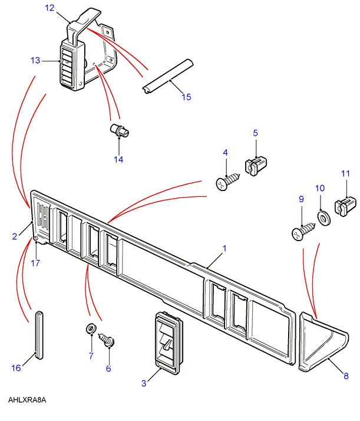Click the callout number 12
[49, 8]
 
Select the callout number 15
[186, 97]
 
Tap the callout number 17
[35, 263]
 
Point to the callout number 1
[224, 249]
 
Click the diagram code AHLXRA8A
[27, 400]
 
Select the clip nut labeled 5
[255, 165]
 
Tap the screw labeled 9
[300, 231]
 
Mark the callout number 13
[35, 60]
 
